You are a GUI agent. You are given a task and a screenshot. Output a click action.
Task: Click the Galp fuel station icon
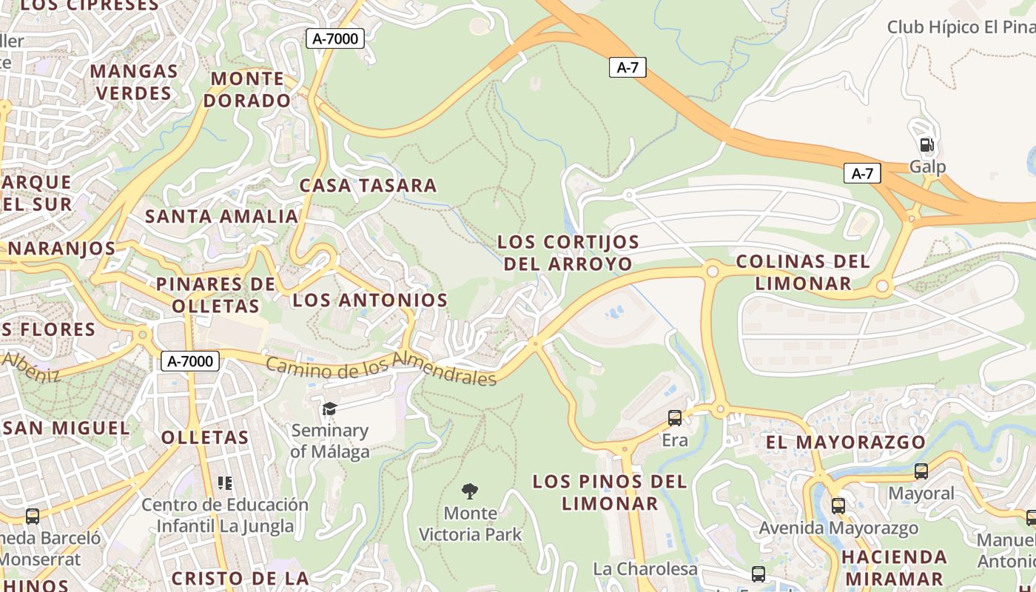coord(926,145)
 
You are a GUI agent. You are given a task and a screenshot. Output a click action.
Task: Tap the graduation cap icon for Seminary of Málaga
coord(329,409)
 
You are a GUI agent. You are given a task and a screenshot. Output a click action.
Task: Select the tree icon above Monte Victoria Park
coord(469,491)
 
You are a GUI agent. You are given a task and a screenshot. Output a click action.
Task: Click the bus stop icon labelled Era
coord(674,418)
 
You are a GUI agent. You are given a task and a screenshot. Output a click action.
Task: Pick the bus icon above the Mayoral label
coord(921,471)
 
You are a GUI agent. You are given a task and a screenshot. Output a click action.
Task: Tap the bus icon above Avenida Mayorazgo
coord(838,506)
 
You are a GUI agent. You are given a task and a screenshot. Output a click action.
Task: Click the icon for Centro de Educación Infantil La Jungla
coord(225,483)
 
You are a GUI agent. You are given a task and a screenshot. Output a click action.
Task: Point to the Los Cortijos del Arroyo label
coord(568,253)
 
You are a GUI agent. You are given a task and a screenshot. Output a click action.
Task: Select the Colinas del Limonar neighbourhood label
coord(803,272)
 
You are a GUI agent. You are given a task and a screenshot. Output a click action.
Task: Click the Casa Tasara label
coord(368,186)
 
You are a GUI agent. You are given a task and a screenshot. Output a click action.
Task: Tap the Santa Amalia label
coord(221,217)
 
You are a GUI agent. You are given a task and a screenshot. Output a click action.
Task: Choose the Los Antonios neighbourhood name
coord(370,300)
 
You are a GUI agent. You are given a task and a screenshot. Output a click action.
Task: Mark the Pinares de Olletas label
coord(215,295)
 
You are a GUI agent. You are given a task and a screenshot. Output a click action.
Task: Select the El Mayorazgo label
coord(845,443)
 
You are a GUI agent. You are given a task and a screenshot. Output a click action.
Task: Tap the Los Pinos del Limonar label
coord(610,493)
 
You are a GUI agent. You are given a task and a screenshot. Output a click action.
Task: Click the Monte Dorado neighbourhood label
coord(247,90)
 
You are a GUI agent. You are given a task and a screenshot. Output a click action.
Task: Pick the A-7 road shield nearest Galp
coord(862,174)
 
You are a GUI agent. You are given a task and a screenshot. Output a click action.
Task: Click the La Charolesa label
coord(645,569)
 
